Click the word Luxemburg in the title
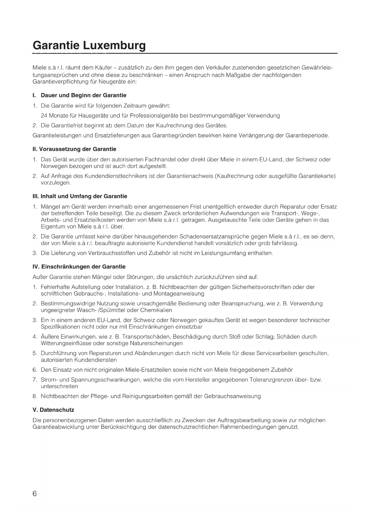pyautogui.click(x=114, y=45)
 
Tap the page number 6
pyautogui.click(x=35, y=494)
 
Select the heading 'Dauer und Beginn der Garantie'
pyautogui.click(x=83, y=95)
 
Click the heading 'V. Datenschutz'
pyautogui.click(x=53, y=410)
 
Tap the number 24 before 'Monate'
pyautogui.click(x=44, y=116)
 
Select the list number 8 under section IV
pyautogui.click(x=35, y=396)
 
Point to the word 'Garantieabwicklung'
pyautogui.click(x=58, y=427)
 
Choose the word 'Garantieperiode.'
pyautogui.click(x=307, y=136)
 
